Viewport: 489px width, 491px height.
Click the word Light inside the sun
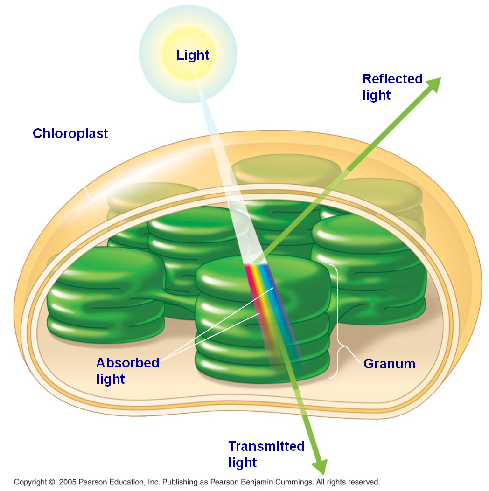pyautogui.click(x=192, y=55)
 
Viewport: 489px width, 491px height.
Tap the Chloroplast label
pyautogui.click(x=70, y=133)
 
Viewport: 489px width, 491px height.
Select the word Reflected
pyautogui.click(x=392, y=79)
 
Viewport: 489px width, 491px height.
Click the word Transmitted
pyautogui.click(x=266, y=446)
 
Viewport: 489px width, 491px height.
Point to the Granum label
pyautogui.click(x=389, y=364)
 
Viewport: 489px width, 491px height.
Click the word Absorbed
pyautogui.click(x=127, y=363)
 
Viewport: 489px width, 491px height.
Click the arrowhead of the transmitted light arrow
pyautogui.click(x=321, y=466)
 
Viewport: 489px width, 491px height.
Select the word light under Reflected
pyautogui.click(x=376, y=95)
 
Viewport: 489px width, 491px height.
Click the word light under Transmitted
pyautogui.click(x=243, y=463)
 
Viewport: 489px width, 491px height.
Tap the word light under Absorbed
pyautogui.click(x=111, y=379)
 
